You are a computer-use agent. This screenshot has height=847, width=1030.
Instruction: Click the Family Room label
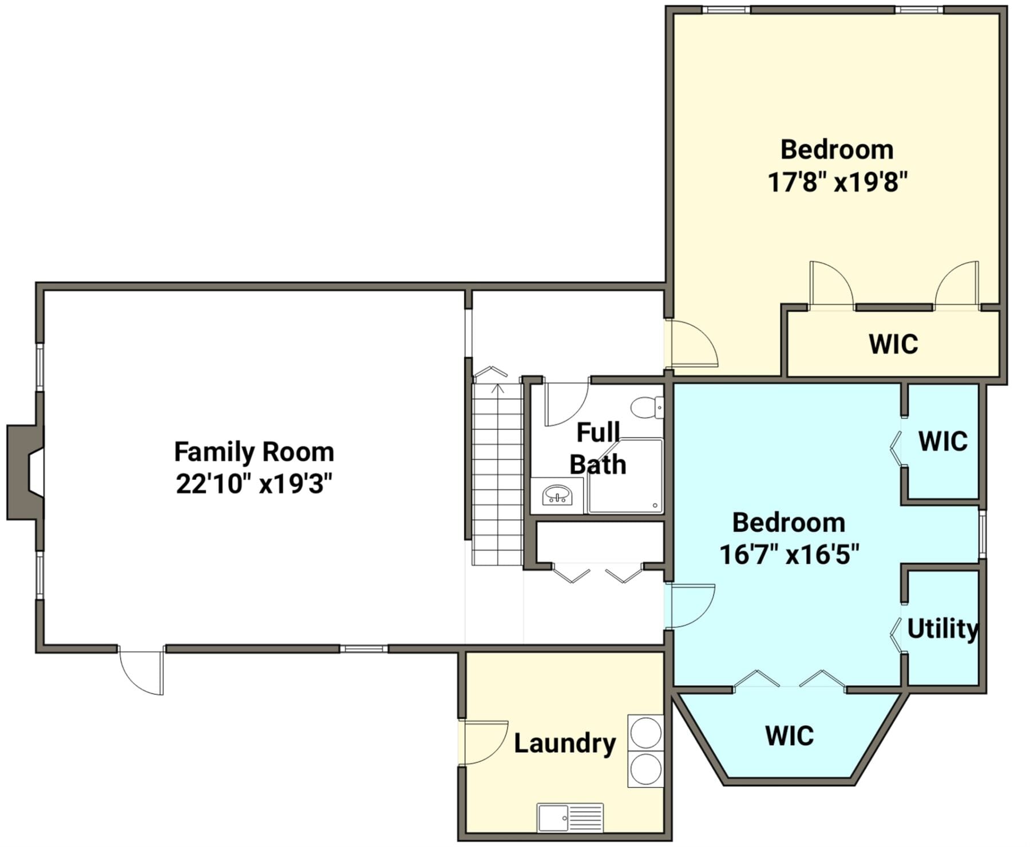(x=254, y=452)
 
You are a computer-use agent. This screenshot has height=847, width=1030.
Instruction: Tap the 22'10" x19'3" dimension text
(x=254, y=484)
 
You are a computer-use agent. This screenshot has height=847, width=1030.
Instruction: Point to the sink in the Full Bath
(x=557, y=495)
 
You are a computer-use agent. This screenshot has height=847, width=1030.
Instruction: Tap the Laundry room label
(x=565, y=743)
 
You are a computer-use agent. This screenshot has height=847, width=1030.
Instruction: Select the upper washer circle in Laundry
(x=646, y=732)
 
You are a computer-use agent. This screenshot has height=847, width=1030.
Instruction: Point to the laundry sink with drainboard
(x=570, y=818)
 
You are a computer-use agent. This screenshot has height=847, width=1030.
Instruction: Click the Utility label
(x=942, y=629)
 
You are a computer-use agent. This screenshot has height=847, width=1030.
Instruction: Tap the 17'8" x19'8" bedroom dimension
(x=838, y=183)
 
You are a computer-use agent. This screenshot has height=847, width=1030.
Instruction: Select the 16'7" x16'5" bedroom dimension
(x=789, y=555)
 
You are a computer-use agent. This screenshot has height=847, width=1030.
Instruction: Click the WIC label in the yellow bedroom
(x=893, y=344)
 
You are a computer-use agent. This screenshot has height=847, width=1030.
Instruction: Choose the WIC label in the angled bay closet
(x=789, y=735)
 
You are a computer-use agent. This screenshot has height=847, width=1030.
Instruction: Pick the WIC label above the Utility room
(x=943, y=441)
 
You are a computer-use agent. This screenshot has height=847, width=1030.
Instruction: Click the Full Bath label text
(x=598, y=449)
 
